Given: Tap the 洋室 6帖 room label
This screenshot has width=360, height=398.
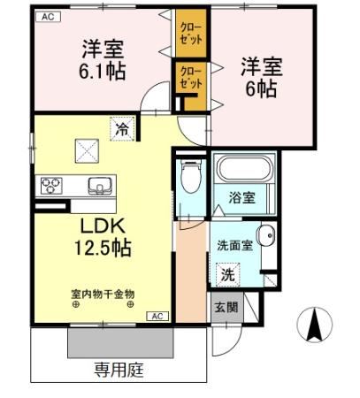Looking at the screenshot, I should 261,77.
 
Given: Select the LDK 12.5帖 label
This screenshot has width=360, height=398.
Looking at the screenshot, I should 95,237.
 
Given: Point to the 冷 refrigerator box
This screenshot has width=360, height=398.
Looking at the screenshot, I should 122,129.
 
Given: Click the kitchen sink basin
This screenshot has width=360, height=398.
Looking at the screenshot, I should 97,187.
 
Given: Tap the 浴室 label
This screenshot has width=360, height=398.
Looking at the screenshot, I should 242,197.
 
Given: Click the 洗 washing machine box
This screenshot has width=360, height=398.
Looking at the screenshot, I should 228,274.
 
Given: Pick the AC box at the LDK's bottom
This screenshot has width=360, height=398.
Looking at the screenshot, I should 157,315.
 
